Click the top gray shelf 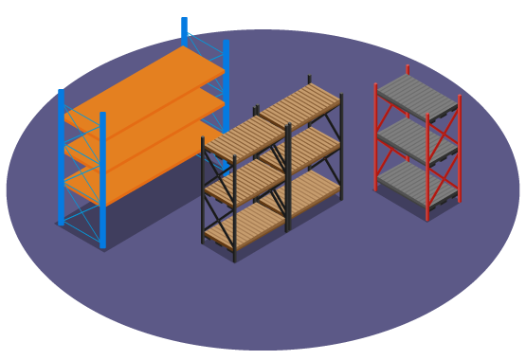[x=417, y=96]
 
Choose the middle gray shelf [x=417, y=140]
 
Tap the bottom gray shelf [x=417, y=184]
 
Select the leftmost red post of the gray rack [x=375, y=137]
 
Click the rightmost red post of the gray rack [x=460, y=147]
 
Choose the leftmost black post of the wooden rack [x=203, y=189]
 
